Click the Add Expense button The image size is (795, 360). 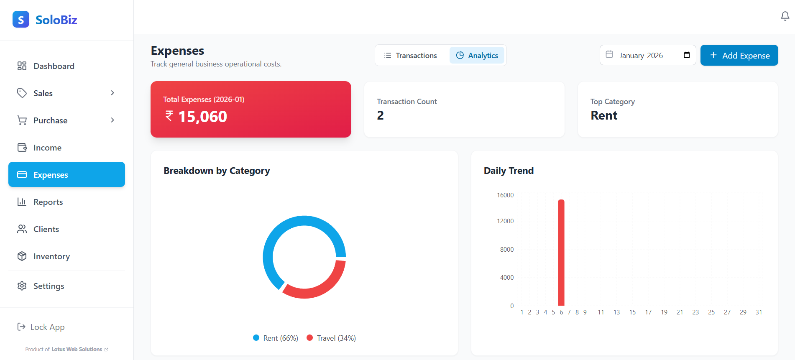[739, 55]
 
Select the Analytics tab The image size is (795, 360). [477, 55]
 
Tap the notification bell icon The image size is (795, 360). [785, 16]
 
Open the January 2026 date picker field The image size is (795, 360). [647, 55]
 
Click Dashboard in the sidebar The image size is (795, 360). [54, 66]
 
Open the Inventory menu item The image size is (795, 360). [51, 256]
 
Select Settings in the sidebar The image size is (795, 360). [49, 286]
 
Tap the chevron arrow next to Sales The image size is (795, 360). [112, 93]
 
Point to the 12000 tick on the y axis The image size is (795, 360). [505, 221]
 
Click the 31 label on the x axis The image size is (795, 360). [759, 312]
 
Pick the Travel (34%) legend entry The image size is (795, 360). [331, 338]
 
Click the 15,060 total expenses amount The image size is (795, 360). [202, 117]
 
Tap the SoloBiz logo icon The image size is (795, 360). [21, 19]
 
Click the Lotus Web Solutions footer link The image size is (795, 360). [77, 349]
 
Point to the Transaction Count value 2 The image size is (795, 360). [380, 115]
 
